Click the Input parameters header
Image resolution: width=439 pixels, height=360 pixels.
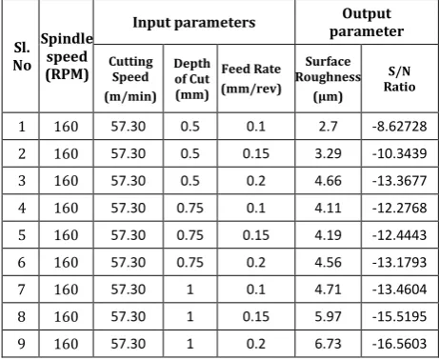tap(194, 23)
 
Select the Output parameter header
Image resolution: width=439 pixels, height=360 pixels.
tap(367, 23)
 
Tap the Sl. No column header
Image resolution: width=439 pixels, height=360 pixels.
tap(22, 56)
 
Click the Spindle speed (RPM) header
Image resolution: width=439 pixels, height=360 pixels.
tap(67, 57)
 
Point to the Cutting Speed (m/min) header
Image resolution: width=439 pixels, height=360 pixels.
tap(130, 79)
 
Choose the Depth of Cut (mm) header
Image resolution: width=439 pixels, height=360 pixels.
tap(192, 79)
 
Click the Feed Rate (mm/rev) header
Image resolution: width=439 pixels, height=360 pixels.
tap(251, 79)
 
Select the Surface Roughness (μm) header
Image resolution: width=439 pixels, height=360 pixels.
tap(328, 79)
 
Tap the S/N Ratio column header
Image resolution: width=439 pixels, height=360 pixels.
tap(400, 78)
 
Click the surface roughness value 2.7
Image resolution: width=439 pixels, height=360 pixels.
tap(328, 127)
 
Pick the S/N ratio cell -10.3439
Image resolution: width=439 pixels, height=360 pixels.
tap(399, 153)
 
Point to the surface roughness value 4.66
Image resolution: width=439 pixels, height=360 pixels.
tap(328, 181)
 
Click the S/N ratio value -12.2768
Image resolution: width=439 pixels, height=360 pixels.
tap(399, 208)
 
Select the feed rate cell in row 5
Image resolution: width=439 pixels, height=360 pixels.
tap(256, 235)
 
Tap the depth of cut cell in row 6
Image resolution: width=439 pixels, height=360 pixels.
tap(190, 263)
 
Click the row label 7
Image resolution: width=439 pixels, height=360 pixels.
tap(21, 290)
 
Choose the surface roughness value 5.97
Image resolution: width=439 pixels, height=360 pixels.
tap(328, 317)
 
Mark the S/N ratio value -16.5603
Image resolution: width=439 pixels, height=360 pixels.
tap(399, 344)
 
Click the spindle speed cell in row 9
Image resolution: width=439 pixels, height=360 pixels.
tap(66, 344)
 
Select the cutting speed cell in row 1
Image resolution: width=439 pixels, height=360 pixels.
tap(129, 127)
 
